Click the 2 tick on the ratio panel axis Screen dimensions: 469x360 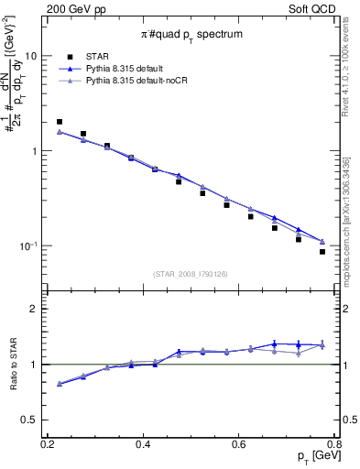(38, 309)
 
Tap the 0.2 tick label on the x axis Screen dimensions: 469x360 (48, 443)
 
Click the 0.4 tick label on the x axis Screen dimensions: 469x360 (143, 443)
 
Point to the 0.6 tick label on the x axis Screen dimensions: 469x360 (239, 443)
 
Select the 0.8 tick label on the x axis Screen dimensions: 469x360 (333, 443)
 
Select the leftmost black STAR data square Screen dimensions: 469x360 (60, 121)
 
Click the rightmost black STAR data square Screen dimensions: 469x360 (322, 252)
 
